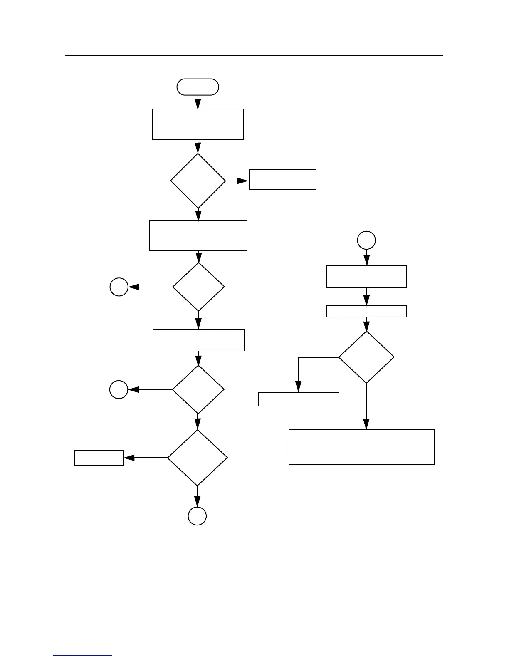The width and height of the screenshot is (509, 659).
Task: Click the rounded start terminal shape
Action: tap(198, 87)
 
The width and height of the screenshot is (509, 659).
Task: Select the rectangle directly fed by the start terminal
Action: tap(198, 124)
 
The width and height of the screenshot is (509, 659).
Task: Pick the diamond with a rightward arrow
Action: tap(198, 181)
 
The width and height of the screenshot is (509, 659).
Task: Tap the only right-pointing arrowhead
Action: tap(243, 181)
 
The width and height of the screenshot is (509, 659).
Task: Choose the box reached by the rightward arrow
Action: tap(282, 180)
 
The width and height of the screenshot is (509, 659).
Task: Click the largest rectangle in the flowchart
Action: tap(361, 447)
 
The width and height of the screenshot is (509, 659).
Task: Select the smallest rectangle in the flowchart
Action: tap(99, 458)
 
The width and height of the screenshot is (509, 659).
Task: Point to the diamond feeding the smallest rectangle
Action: tap(198, 458)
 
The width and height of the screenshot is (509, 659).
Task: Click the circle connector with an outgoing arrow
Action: tap(366, 240)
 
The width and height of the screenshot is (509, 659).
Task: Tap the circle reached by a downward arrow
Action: tap(198, 516)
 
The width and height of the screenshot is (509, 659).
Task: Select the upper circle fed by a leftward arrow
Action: tap(119, 287)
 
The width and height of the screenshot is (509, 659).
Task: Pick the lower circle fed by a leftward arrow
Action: tap(119, 390)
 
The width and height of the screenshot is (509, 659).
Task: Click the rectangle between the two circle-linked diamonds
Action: tap(198, 340)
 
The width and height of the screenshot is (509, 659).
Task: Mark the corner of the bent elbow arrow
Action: tap(298, 357)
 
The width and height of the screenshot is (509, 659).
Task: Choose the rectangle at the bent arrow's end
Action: tap(299, 399)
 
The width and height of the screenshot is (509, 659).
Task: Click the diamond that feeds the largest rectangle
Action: tap(366, 357)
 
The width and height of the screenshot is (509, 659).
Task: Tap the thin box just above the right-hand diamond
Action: tap(366, 311)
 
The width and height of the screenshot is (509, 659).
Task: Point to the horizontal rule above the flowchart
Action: tap(254, 55)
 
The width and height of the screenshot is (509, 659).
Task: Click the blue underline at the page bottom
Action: tap(82, 655)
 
